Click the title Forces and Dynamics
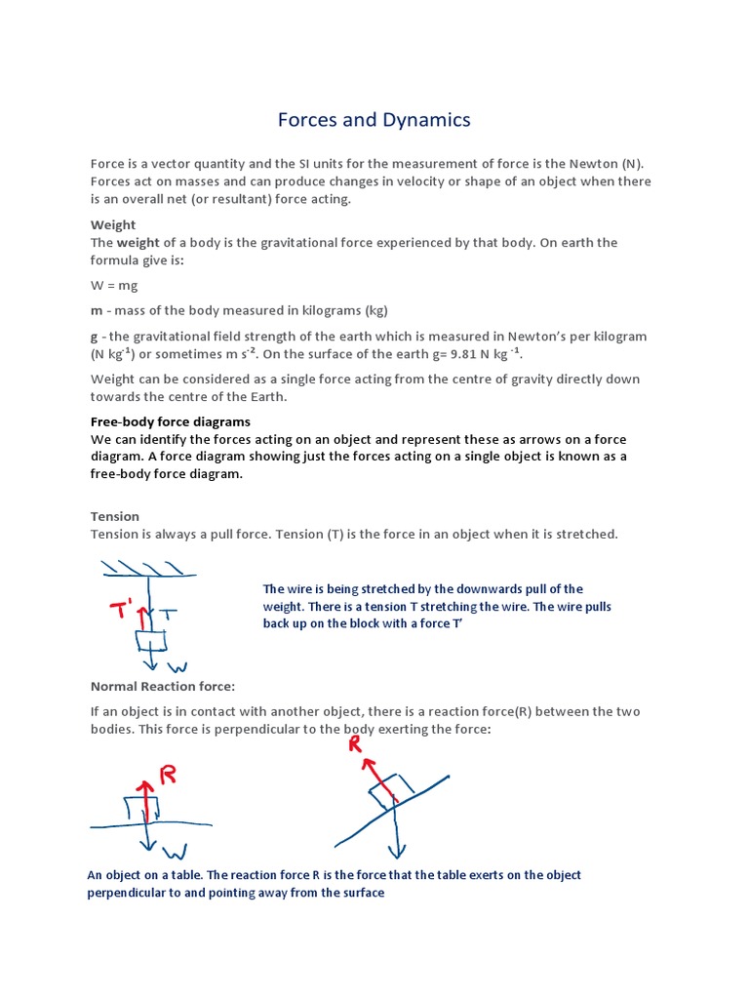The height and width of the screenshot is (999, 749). pyautogui.click(x=374, y=119)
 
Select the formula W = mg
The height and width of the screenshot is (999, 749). pyautogui.click(x=117, y=287)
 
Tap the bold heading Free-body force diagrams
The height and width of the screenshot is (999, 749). pyautogui.click(x=171, y=421)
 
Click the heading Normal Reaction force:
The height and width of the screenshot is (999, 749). pyautogui.click(x=163, y=687)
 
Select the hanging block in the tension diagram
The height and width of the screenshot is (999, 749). pyautogui.click(x=151, y=641)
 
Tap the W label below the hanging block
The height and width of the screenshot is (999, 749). pyautogui.click(x=177, y=668)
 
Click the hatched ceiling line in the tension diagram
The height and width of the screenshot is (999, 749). pyautogui.click(x=146, y=570)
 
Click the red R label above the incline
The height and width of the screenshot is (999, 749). pyautogui.click(x=355, y=744)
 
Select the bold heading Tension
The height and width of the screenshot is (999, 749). pyautogui.click(x=115, y=516)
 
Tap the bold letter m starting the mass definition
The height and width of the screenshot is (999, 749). pyautogui.click(x=96, y=310)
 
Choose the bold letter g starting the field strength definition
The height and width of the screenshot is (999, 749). pyautogui.click(x=94, y=336)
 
